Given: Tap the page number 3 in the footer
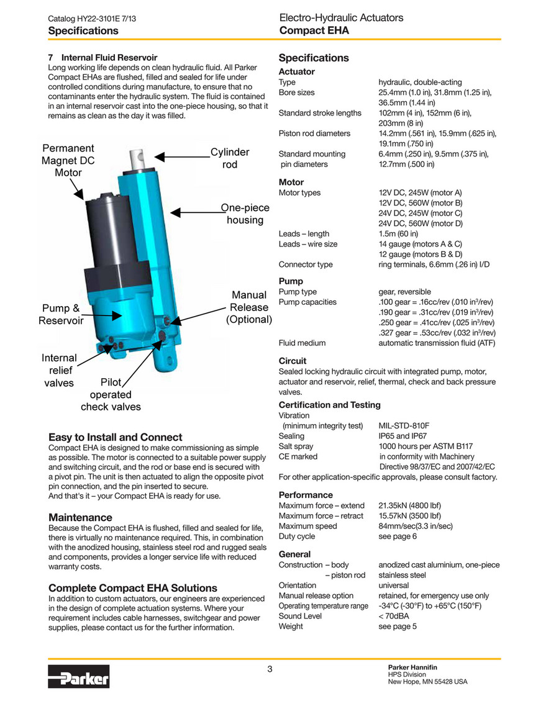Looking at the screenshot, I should click(270, 669).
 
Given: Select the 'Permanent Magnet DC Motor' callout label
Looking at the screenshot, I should click(68, 160).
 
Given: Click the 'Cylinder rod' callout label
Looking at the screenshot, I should click(229, 158).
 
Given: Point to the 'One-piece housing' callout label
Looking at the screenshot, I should click(244, 214).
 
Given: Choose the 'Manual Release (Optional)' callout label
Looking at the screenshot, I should click(248, 307).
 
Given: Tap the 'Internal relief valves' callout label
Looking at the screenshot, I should click(59, 370).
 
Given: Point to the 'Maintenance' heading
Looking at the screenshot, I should click(80, 517).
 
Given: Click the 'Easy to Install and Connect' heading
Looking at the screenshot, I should click(115, 437).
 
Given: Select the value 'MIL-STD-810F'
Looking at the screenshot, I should click(404, 426).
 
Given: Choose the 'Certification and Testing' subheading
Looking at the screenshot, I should click(329, 405).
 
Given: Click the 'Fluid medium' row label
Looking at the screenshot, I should click(302, 343).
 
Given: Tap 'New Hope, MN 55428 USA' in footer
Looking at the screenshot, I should click(427, 681).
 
